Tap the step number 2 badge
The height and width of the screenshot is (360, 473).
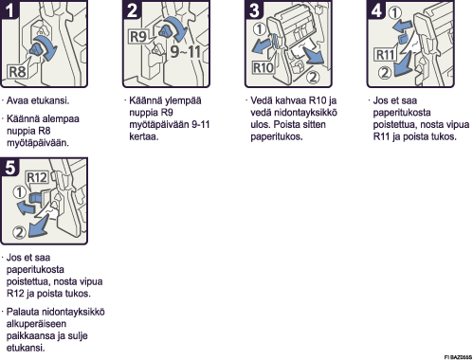(x=132, y=9)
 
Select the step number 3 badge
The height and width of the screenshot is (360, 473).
(x=254, y=9)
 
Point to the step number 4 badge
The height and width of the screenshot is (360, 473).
(x=375, y=9)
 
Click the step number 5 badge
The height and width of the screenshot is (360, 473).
(x=9, y=167)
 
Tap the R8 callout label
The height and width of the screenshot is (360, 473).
(x=17, y=72)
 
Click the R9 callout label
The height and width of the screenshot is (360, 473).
(x=138, y=36)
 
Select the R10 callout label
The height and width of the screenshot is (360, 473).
(x=263, y=67)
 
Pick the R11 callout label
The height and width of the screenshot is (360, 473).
(x=385, y=55)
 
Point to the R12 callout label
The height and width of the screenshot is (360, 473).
(x=37, y=177)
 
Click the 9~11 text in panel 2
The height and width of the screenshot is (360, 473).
(x=185, y=51)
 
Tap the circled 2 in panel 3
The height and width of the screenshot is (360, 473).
(x=313, y=77)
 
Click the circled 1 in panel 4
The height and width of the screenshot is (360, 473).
(x=395, y=12)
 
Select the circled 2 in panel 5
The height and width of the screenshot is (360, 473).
(x=19, y=232)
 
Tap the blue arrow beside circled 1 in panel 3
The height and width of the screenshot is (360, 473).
(x=261, y=45)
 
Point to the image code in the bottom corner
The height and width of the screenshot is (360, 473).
(x=458, y=357)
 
